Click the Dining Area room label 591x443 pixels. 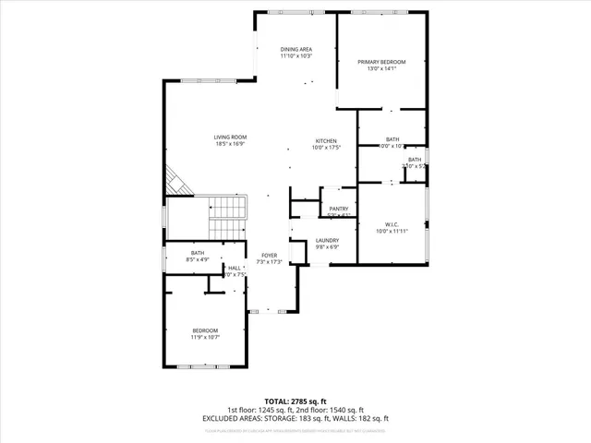pyautogui.click(x=296, y=49)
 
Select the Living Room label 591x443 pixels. pyautogui.click(x=231, y=137)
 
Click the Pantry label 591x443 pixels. pyautogui.click(x=338, y=210)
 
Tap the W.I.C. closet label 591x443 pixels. pyautogui.click(x=392, y=224)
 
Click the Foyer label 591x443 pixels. pyautogui.click(x=269, y=256)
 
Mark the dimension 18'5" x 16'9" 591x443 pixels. pyautogui.click(x=231, y=144)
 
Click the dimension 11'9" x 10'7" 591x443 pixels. pyautogui.click(x=205, y=338)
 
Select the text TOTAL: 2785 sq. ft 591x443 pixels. pyautogui.click(x=295, y=401)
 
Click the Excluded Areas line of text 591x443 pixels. pyautogui.click(x=295, y=418)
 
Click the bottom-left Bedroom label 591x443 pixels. pyautogui.click(x=205, y=330)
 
